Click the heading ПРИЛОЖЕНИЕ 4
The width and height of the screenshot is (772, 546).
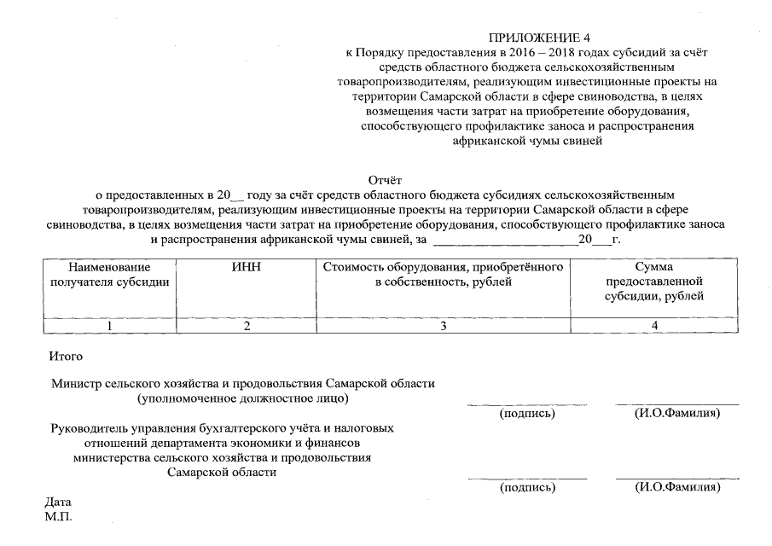click(538, 38)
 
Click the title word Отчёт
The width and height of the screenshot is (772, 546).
click(385, 180)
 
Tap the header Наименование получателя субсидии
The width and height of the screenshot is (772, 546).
click(109, 275)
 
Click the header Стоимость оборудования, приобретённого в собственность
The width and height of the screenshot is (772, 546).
click(444, 275)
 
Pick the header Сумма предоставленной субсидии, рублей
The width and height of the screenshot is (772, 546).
click(654, 282)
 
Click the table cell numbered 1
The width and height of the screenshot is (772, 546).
click(109, 326)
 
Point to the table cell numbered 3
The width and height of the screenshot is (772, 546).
click(444, 326)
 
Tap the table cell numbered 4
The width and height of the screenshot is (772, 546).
click(654, 326)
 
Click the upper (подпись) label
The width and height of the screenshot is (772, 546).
click(526, 414)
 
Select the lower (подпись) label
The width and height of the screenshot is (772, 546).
click(526, 488)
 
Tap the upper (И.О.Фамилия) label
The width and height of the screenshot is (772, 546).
click(677, 414)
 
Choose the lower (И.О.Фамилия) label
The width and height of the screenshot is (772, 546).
click(677, 488)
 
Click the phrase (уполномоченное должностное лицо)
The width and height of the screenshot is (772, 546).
click(243, 398)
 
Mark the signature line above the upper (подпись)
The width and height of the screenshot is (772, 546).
click(526, 404)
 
